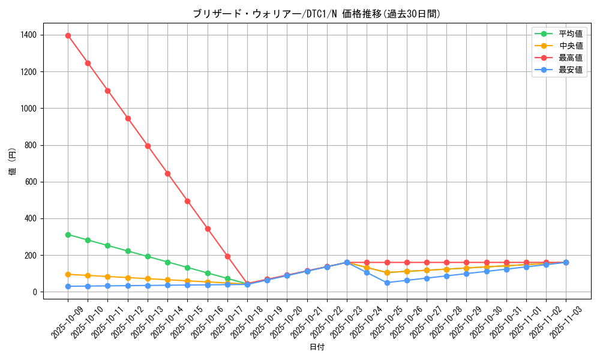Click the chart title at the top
click(x=317, y=14)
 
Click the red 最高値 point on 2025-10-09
click(x=68, y=35)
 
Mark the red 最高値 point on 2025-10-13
click(x=148, y=146)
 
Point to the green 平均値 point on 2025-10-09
click(x=68, y=235)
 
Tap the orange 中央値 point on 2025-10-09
click(x=68, y=274)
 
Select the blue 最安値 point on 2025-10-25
click(x=387, y=283)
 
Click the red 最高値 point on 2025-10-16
click(x=208, y=229)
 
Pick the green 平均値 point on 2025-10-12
click(x=128, y=251)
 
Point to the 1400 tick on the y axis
click(x=28, y=35)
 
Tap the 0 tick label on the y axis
click(x=35, y=292)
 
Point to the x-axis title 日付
click(x=317, y=347)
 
